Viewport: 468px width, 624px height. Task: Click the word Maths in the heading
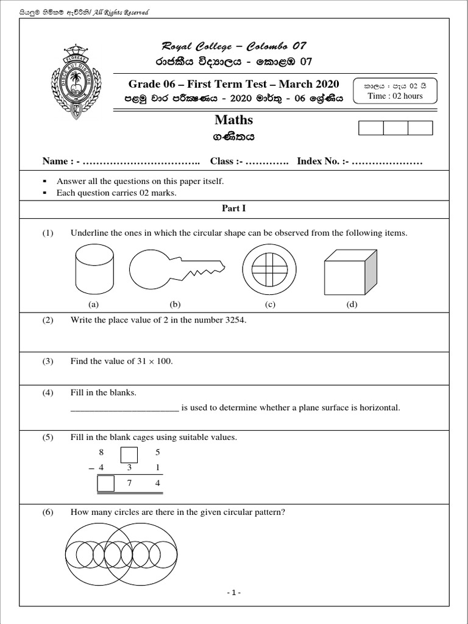[x=233, y=120]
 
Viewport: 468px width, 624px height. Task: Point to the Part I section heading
[x=233, y=208]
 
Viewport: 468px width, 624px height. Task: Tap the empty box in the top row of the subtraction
[x=129, y=455]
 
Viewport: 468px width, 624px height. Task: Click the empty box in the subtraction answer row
[x=105, y=484]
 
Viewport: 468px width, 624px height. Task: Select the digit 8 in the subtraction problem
[x=101, y=453]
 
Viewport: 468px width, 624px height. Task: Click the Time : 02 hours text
[x=395, y=96]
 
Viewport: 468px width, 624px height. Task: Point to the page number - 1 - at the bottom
[x=234, y=593]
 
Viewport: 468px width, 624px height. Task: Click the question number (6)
[x=48, y=512]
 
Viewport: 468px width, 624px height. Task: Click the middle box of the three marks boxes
[x=395, y=128]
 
